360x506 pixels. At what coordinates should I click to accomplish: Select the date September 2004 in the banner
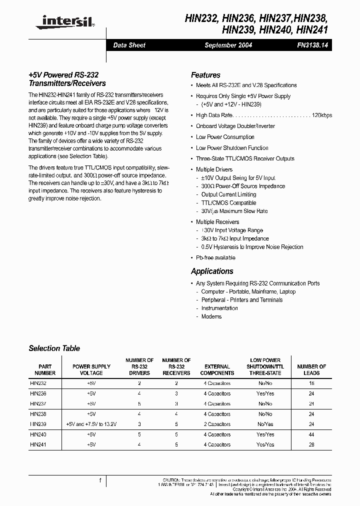(228, 45)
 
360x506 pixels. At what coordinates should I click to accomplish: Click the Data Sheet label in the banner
(129, 45)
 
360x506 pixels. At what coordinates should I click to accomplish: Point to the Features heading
(205, 75)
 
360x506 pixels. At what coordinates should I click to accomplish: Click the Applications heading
(212, 271)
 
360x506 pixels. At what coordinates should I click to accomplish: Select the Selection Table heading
(54, 348)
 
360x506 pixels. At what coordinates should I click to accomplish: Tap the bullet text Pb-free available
(215, 257)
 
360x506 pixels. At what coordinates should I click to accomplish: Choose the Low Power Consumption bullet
(225, 137)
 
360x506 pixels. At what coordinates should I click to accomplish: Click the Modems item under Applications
(211, 316)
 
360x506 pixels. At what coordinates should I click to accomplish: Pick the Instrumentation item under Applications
(219, 308)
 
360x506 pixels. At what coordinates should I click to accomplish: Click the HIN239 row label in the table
(38, 424)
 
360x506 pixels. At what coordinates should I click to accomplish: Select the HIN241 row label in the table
(38, 444)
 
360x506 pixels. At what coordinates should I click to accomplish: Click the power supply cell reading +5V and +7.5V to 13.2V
(91, 424)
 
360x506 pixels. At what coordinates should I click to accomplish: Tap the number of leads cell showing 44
(311, 434)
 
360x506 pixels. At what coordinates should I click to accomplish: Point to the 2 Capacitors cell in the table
(217, 424)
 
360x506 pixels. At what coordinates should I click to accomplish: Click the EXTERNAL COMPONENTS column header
(217, 369)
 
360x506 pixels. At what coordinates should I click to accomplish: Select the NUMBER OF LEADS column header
(311, 369)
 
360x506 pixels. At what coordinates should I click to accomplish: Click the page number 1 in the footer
(100, 480)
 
